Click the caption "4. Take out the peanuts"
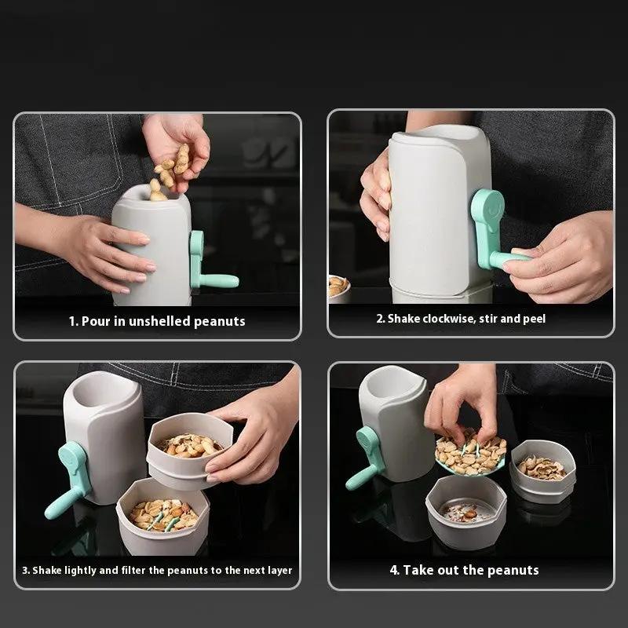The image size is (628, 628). pos(464,570)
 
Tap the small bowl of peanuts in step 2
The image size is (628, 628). pos(338,287)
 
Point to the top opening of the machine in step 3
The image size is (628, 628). pos(98,389)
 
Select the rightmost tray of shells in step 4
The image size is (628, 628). pos(542,470)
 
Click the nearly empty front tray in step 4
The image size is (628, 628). pos(466,511)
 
